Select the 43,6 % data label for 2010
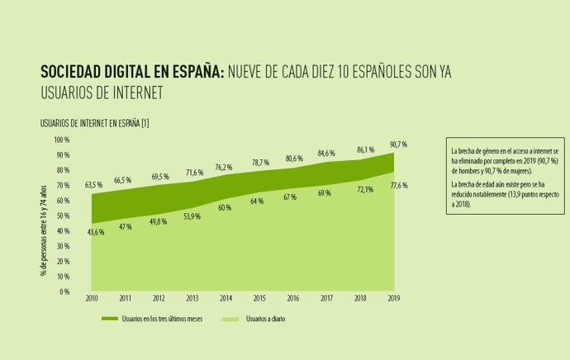point(95,232)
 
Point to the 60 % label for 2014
point(225,207)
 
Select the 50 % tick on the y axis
point(64,216)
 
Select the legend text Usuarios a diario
point(265,318)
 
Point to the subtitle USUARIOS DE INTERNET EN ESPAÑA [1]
point(94,123)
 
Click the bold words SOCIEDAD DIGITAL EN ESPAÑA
point(131,73)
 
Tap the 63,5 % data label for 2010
point(93,185)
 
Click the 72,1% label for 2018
point(365,188)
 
